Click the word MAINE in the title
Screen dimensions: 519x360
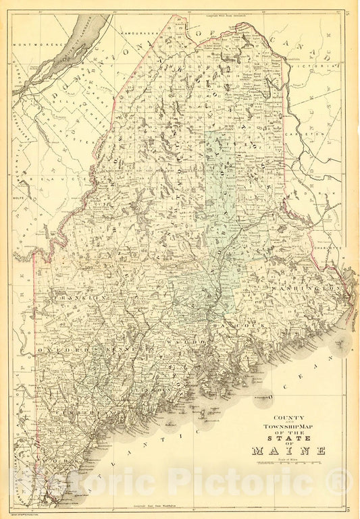pyautogui.click(x=288, y=450)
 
